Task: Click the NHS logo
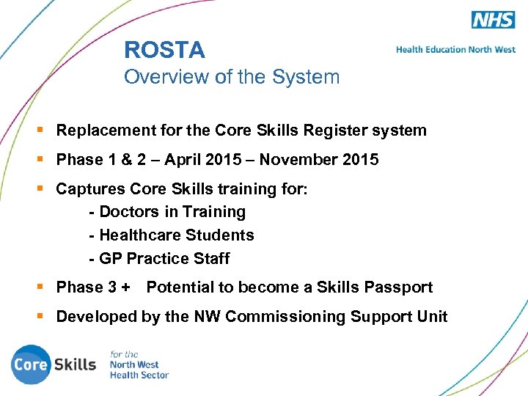pyautogui.click(x=493, y=20)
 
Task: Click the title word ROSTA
pyautogui.click(x=164, y=50)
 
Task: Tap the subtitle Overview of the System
pyautogui.click(x=232, y=77)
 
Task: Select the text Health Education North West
pyautogui.click(x=455, y=50)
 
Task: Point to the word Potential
pyautogui.click(x=180, y=287)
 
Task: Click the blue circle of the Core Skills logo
pyautogui.click(x=29, y=364)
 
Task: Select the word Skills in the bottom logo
pyautogui.click(x=76, y=364)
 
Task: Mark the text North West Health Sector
pyautogui.click(x=139, y=370)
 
